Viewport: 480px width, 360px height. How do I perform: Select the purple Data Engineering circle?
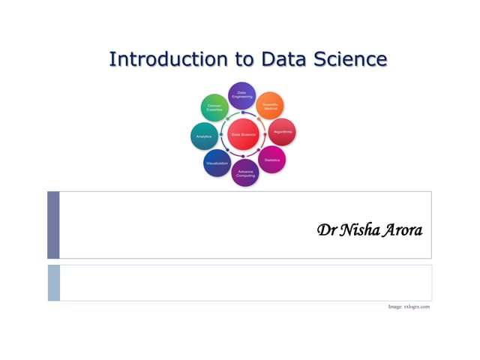click(x=241, y=95)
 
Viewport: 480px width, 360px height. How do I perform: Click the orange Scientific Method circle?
click(x=270, y=106)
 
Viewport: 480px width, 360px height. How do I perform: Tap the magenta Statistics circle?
click(x=271, y=160)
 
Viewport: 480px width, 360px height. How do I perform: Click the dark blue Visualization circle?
click(x=217, y=163)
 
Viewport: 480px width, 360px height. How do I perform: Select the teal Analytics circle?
click(x=204, y=136)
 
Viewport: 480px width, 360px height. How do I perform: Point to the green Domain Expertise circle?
click(x=214, y=108)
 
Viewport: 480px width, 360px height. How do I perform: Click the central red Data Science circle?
click(x=243, y=134)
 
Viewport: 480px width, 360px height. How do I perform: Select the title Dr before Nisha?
click(x=327, y=228)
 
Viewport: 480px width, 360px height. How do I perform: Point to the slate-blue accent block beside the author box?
click(x=53, y=224)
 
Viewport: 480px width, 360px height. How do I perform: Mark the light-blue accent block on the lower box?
click(x=53, y=282)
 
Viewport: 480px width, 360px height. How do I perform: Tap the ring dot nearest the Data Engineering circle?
click(x=242, y=113)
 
